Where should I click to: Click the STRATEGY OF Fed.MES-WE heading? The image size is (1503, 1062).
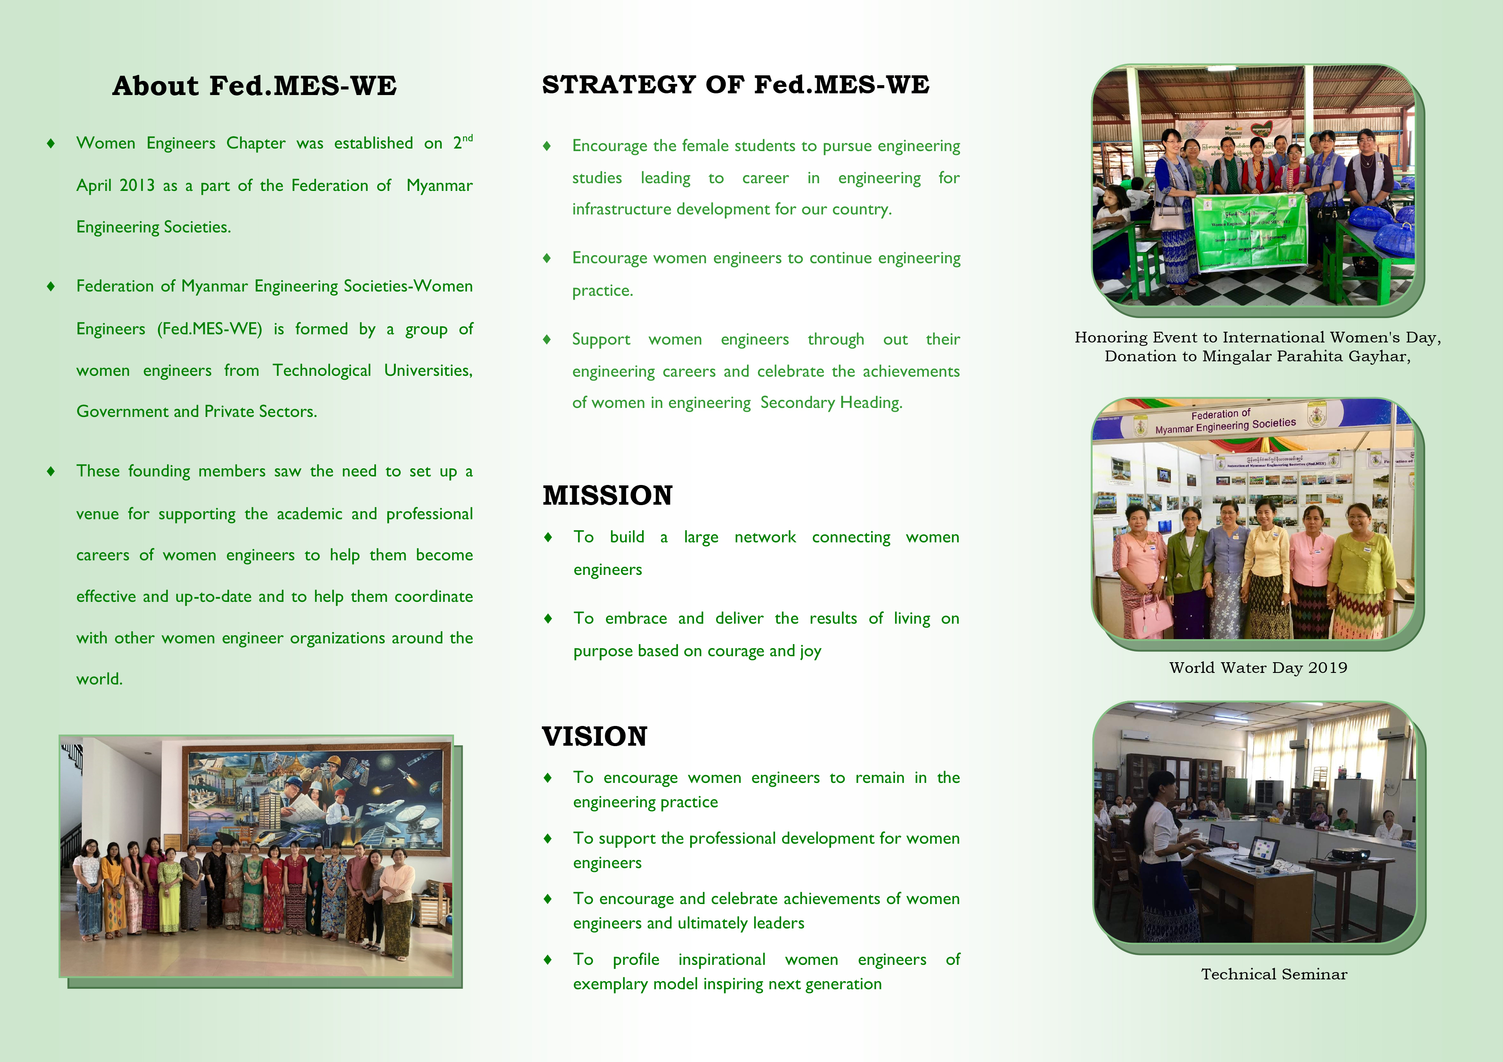[736, 84]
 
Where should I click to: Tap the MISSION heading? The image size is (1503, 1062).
[607, 495]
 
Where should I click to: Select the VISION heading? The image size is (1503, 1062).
[595, 736]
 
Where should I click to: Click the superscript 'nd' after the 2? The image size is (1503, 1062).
[467, 138]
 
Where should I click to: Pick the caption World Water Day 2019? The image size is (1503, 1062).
[1258, 667]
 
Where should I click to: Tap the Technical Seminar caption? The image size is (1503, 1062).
[1274, 974]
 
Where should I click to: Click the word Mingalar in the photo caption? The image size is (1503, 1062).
[1232, 357]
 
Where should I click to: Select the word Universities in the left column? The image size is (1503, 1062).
[428, 370]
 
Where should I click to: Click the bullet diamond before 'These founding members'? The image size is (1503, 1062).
[51, 471]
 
